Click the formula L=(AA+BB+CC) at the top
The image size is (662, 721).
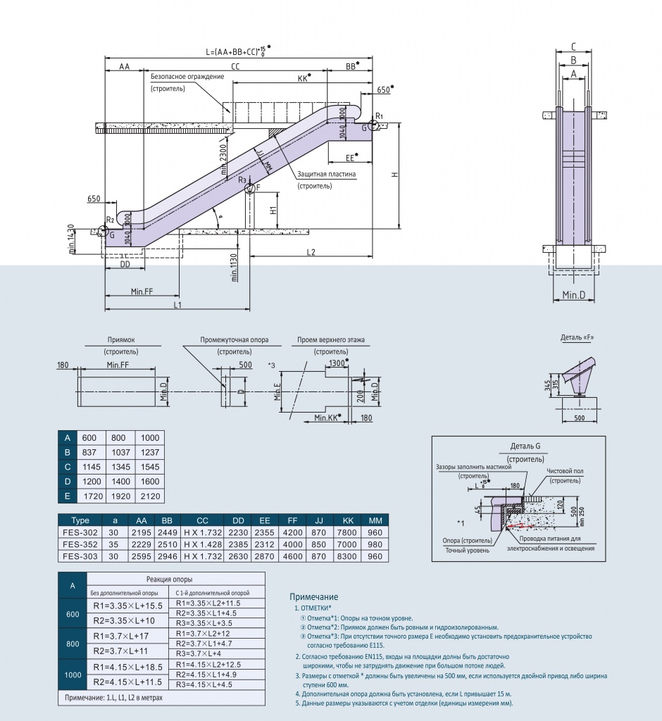237,51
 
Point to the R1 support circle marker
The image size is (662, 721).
373,126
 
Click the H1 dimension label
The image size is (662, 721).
273,210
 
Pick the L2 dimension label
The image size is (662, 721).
311,251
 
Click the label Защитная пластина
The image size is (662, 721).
326,174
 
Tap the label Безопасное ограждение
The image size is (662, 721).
187,76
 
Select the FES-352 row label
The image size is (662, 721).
80,544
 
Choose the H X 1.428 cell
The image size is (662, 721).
203,544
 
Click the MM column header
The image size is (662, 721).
375,520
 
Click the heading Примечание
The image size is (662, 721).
314,596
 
